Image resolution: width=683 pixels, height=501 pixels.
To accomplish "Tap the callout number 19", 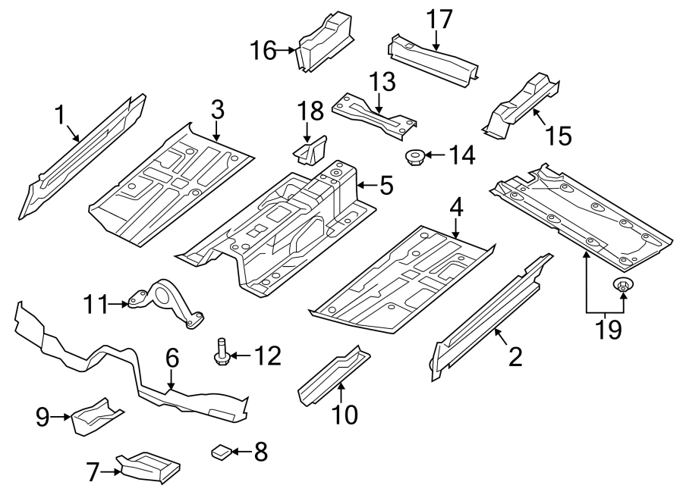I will tap(605, 329).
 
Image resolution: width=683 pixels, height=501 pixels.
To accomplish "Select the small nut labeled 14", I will tap(415, 158).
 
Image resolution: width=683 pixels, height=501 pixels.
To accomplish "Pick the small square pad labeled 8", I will tap(221, 452).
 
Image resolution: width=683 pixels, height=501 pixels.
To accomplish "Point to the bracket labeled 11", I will tap(166, 302).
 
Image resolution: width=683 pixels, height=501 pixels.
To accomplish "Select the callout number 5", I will tap(386, 186).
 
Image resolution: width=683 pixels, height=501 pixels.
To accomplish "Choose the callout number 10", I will tap(341, 415).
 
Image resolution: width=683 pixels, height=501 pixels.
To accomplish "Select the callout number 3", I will tap(217, 109).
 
